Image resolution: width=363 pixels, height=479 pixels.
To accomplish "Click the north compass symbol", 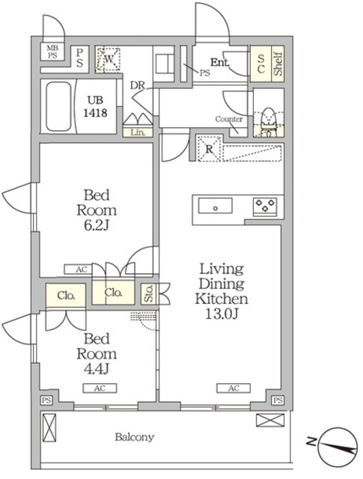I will click(336, 445).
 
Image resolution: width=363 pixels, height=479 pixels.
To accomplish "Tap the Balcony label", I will click(135, 437).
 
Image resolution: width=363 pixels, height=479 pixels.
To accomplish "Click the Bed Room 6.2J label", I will click(97, 211).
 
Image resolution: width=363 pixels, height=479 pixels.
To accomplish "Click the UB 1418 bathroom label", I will click(95, 106).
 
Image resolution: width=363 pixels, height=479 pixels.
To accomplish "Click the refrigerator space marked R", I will click(210, 147).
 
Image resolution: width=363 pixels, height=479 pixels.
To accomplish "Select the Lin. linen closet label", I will click(138, 132).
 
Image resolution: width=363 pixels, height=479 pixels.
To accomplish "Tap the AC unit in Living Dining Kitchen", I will click(233, 388).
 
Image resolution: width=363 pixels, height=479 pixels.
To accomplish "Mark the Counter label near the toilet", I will click(229, 120).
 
